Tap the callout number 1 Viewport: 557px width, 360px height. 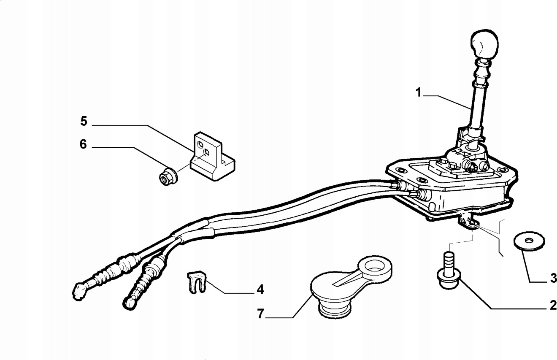(x=419, y=92)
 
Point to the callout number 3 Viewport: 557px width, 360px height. (x=553, y=278)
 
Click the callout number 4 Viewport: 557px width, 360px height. (x=260, y=290)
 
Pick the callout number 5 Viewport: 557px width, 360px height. (x=84, y=121)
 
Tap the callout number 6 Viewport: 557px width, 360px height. (x=83, y=144)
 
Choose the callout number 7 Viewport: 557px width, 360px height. (x=260, y=314)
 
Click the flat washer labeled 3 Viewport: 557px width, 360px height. (x=529, y=241)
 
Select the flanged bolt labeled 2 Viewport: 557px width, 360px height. (x=449, y=271)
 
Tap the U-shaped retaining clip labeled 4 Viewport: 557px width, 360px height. (x=196, y=282)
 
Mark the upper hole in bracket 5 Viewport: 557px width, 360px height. (x=200, y=144)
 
